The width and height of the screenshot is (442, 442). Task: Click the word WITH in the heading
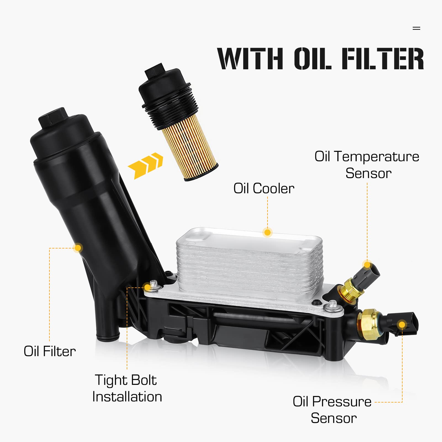click(x=250, y=59)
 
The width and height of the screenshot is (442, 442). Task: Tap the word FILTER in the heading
click(x=382, y=59)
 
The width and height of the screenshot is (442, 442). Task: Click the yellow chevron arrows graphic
click(x=145, y=165)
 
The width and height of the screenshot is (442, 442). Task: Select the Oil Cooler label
click(x=264, y=189)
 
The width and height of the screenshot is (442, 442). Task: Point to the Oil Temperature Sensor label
click(x=367, y=165)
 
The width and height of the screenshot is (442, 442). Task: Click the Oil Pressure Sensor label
click(x=332, y=410)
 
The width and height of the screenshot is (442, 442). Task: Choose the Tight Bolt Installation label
click(x=127, y=388)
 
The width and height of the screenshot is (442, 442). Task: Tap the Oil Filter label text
click(x=50, y=351)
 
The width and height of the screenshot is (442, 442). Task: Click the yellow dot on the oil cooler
click(x=267, y=232)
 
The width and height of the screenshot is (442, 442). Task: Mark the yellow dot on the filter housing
click(x=78, y=248)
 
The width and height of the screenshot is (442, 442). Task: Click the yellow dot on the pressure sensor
click(x=402, y=324)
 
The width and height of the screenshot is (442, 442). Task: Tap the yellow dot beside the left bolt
click(x=147, y=287)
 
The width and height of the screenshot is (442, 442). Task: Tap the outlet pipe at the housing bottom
click(x=108, y=335)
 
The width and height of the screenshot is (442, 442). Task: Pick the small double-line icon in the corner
click(x=416, y=28)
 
